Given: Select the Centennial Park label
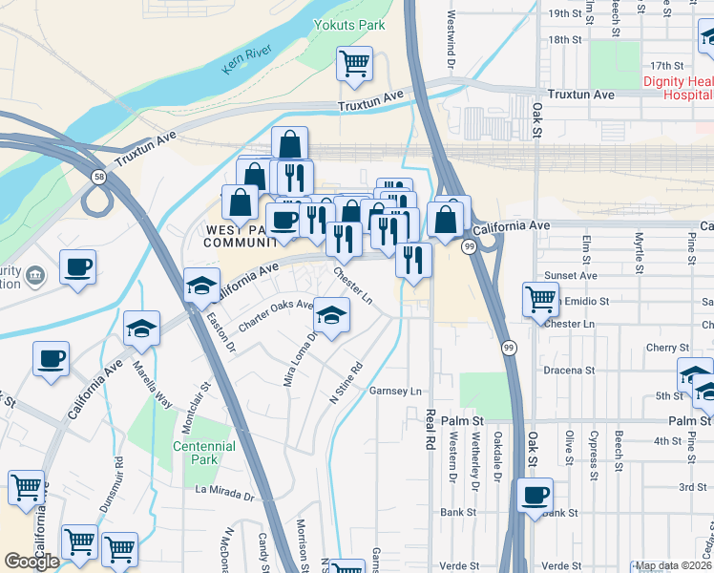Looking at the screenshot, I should (204, 453).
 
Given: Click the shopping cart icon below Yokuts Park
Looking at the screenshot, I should (354, 64).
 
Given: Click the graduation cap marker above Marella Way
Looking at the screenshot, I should (141, 329).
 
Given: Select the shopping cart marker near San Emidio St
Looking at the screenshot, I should (540, 299).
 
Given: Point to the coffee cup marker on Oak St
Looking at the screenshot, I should (535, 496).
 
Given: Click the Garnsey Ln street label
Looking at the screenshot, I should (395, 392).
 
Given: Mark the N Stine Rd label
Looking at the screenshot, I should (347, 382).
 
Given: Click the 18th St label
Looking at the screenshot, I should (564, 39).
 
